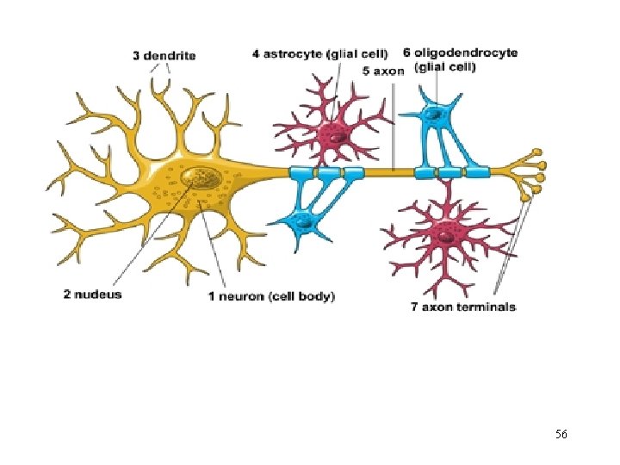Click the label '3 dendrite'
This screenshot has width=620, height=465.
[x=164, y=56]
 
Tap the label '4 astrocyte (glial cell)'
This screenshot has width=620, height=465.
[x=319, y=53]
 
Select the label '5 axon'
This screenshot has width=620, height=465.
[x=382, y=71]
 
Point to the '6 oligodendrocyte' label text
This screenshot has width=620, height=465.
[x=466, y=53]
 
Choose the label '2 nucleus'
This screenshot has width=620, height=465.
[x=92, y=294]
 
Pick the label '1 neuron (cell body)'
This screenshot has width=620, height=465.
[x=271, y=296]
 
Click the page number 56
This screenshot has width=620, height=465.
[x=561, y=434]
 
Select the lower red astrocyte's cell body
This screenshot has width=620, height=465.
[x=446, y=231]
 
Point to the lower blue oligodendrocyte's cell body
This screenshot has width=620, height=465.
[x=301, y=221]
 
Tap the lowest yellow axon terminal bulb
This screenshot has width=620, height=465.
[x=524, y=198]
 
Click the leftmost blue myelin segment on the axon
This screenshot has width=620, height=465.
[x=303, y=174]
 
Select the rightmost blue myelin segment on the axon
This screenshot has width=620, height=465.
[x=479, y=173]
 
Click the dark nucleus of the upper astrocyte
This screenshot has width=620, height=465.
[x=332, y=134]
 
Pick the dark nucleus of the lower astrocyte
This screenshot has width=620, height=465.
[x=445, y=231]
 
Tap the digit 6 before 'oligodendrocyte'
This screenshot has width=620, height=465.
[x=407, y=53]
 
